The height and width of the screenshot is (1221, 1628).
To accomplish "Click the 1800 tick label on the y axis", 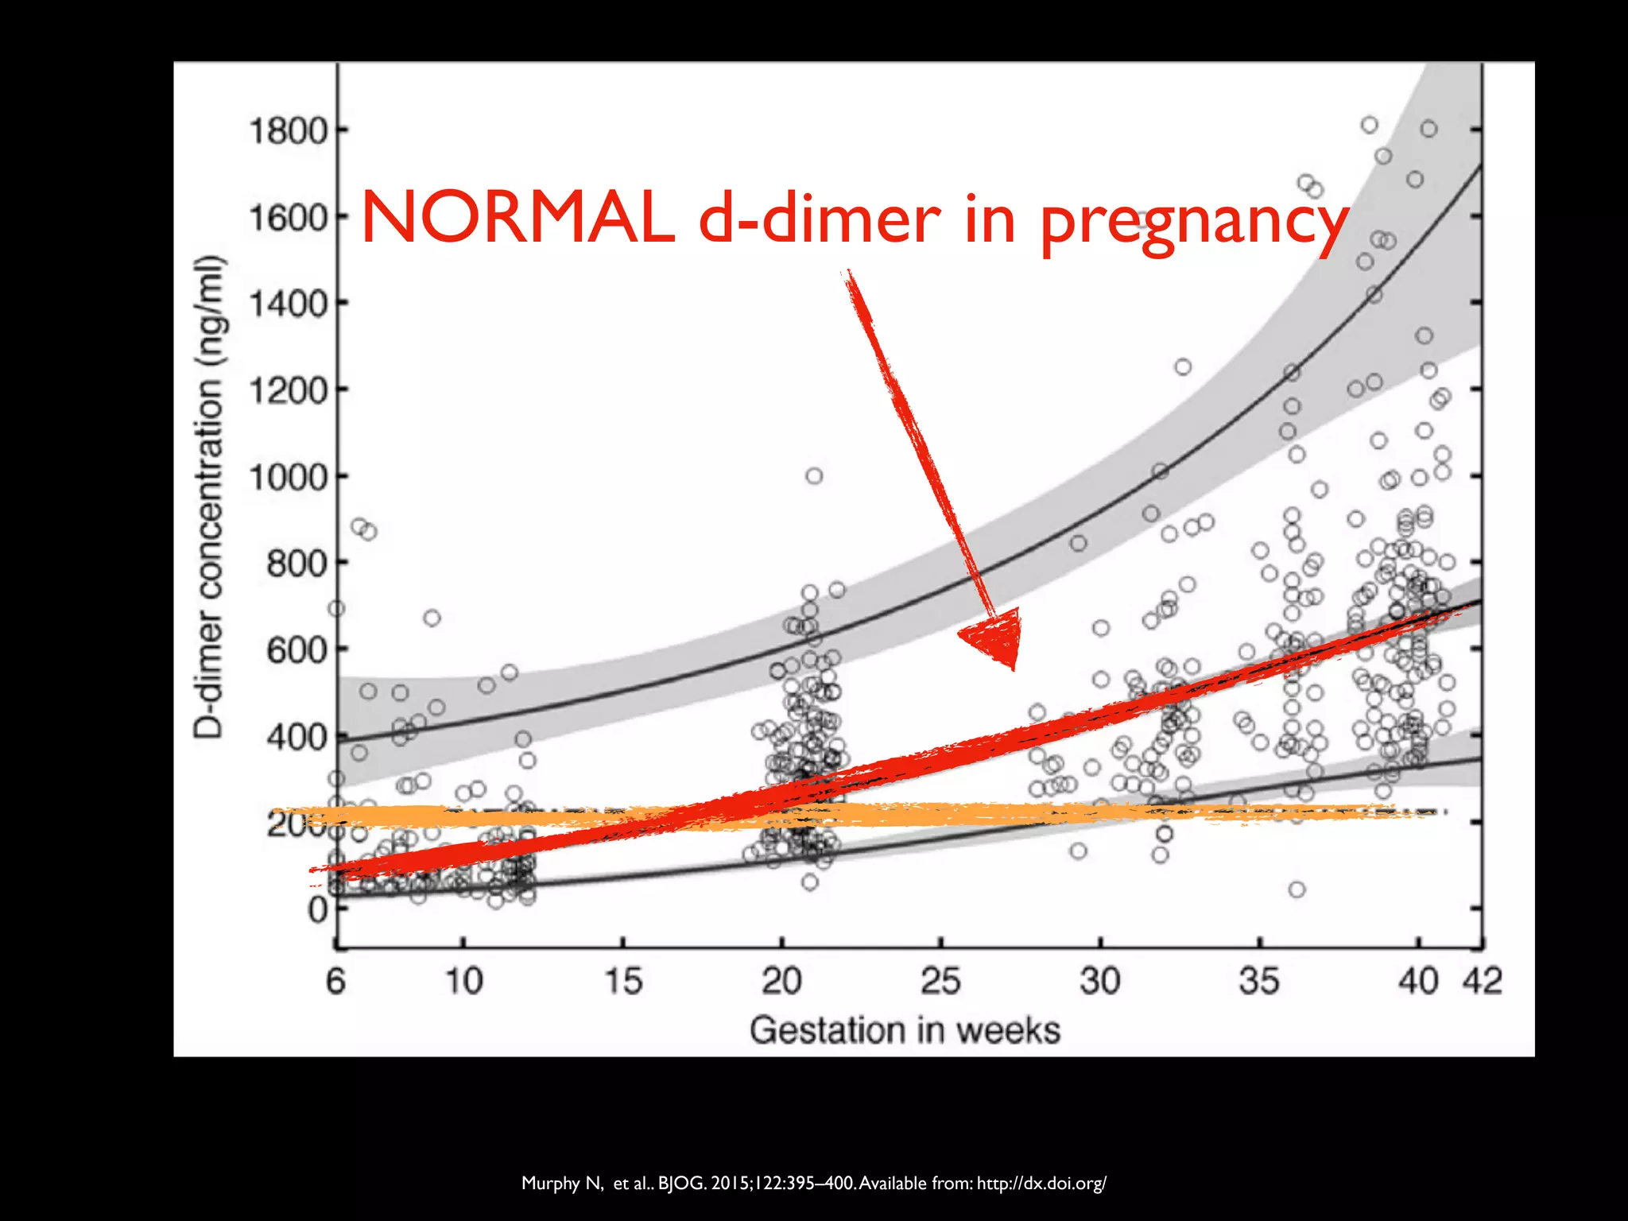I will tap(288, 131).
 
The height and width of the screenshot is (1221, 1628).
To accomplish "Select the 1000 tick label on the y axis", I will tap(288, 478).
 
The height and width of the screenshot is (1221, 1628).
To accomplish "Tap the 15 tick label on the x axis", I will tap(623, 981).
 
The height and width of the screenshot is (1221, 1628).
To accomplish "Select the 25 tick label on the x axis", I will tap(941, 981).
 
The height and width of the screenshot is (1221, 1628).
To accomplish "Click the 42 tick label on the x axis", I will tap(1483, 981).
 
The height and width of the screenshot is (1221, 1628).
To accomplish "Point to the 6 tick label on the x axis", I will tap(336, 981).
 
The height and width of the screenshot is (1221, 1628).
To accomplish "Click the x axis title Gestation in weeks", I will tap(905, 1030).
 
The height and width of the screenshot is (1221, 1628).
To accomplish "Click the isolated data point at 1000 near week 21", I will tap(814, 476).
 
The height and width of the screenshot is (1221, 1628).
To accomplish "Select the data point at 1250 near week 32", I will tap(1183, 367).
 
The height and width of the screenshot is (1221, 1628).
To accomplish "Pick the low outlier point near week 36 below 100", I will tap(1297, 890).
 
